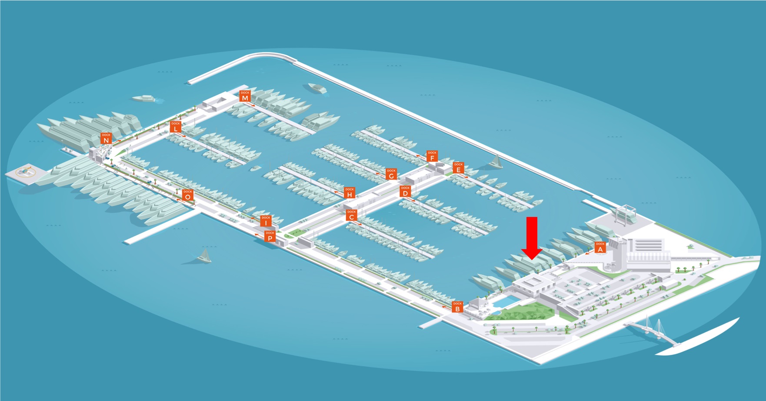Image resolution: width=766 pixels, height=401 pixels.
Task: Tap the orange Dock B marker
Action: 457,307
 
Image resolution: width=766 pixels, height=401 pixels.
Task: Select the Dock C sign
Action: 351,215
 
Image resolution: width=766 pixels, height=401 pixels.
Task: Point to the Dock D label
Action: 405,191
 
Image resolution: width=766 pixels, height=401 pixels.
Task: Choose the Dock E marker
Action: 458,167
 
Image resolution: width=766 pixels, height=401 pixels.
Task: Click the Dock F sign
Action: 432,156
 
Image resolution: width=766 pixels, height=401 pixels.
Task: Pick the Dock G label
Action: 391,174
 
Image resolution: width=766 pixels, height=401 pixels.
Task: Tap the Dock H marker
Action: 350,192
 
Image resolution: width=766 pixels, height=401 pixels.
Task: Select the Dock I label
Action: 266,221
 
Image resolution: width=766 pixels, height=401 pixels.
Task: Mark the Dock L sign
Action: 175,127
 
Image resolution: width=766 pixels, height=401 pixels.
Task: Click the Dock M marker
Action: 245,96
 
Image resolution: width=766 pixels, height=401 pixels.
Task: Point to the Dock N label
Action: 106,138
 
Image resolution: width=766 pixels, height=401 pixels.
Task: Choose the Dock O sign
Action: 187,194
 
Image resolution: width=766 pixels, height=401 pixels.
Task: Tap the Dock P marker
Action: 270,236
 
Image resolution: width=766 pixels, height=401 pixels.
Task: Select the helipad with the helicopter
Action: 26,172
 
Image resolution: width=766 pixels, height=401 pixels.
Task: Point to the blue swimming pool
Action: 505,301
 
